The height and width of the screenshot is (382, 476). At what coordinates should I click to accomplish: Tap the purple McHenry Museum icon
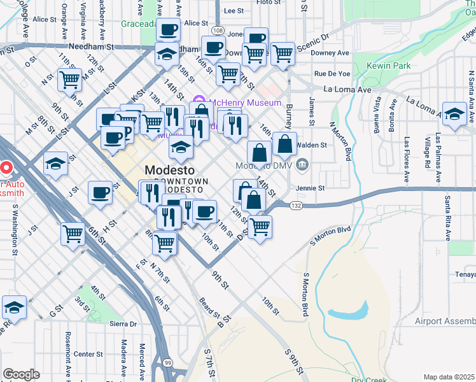coord(197,102)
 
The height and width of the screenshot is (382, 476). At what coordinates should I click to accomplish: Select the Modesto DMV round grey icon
coord(302,165)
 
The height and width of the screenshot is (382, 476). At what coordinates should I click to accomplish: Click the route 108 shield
coord(218,31)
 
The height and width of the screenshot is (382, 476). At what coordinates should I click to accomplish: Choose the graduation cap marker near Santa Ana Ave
coord(455,115)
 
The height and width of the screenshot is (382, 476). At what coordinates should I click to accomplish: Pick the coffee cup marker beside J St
coord(100,193)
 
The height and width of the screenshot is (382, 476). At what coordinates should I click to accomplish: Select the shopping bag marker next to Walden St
coord(284,145)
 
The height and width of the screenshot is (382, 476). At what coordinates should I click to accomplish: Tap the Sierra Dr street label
coord(124,323)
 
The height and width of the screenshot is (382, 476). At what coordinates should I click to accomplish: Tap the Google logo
coord(21,374)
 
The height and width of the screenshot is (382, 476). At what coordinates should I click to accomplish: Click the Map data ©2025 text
coord(449,377)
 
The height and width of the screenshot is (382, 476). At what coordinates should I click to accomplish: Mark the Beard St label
coord(209,308)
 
